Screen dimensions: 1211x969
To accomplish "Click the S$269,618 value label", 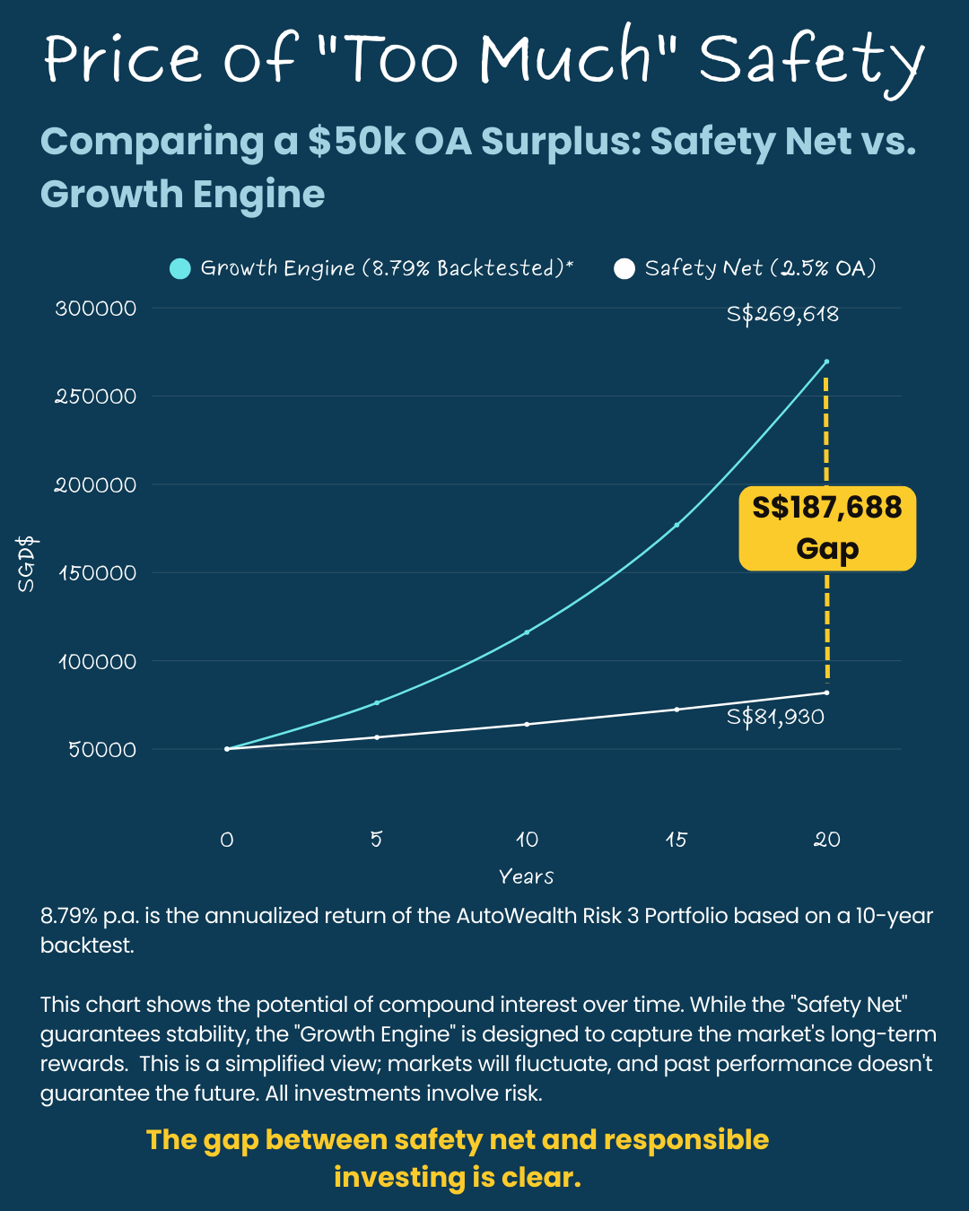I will [x=782, y=314].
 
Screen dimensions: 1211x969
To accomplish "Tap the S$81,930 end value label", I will [x=775, y=717].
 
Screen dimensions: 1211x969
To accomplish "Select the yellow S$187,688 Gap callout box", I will [x=827, y=528].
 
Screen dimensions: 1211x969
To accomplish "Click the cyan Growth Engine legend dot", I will [x=180, y=268].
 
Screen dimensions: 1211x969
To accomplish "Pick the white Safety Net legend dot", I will [x=624, y=268].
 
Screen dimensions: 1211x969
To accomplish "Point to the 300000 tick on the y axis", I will [x=96, y=309].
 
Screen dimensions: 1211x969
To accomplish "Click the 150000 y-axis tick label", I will [x=98, y=573].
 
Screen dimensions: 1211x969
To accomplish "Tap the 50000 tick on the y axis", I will [x=102, y=750].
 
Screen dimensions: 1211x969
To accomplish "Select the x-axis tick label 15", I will [x=677, y=840].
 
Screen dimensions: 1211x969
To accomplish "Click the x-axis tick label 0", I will [x=227, y=840].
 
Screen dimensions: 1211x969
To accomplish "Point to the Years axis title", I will [x=526, y=876].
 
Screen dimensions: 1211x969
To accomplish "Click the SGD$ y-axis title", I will [x=27, y=564].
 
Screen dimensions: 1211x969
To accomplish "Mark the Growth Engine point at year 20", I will [x=826, y=362].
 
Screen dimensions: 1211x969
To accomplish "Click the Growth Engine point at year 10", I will [x=527, y=632].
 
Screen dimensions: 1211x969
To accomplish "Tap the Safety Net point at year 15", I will [x=677, y=710].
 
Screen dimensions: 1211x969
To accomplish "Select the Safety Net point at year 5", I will [x=377, y=737].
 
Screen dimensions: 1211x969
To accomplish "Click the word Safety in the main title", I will [x=810, y=59].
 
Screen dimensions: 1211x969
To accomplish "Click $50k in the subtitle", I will [x=356, y=142].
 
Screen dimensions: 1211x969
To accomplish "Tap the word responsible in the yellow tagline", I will [x=686, y=1139].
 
